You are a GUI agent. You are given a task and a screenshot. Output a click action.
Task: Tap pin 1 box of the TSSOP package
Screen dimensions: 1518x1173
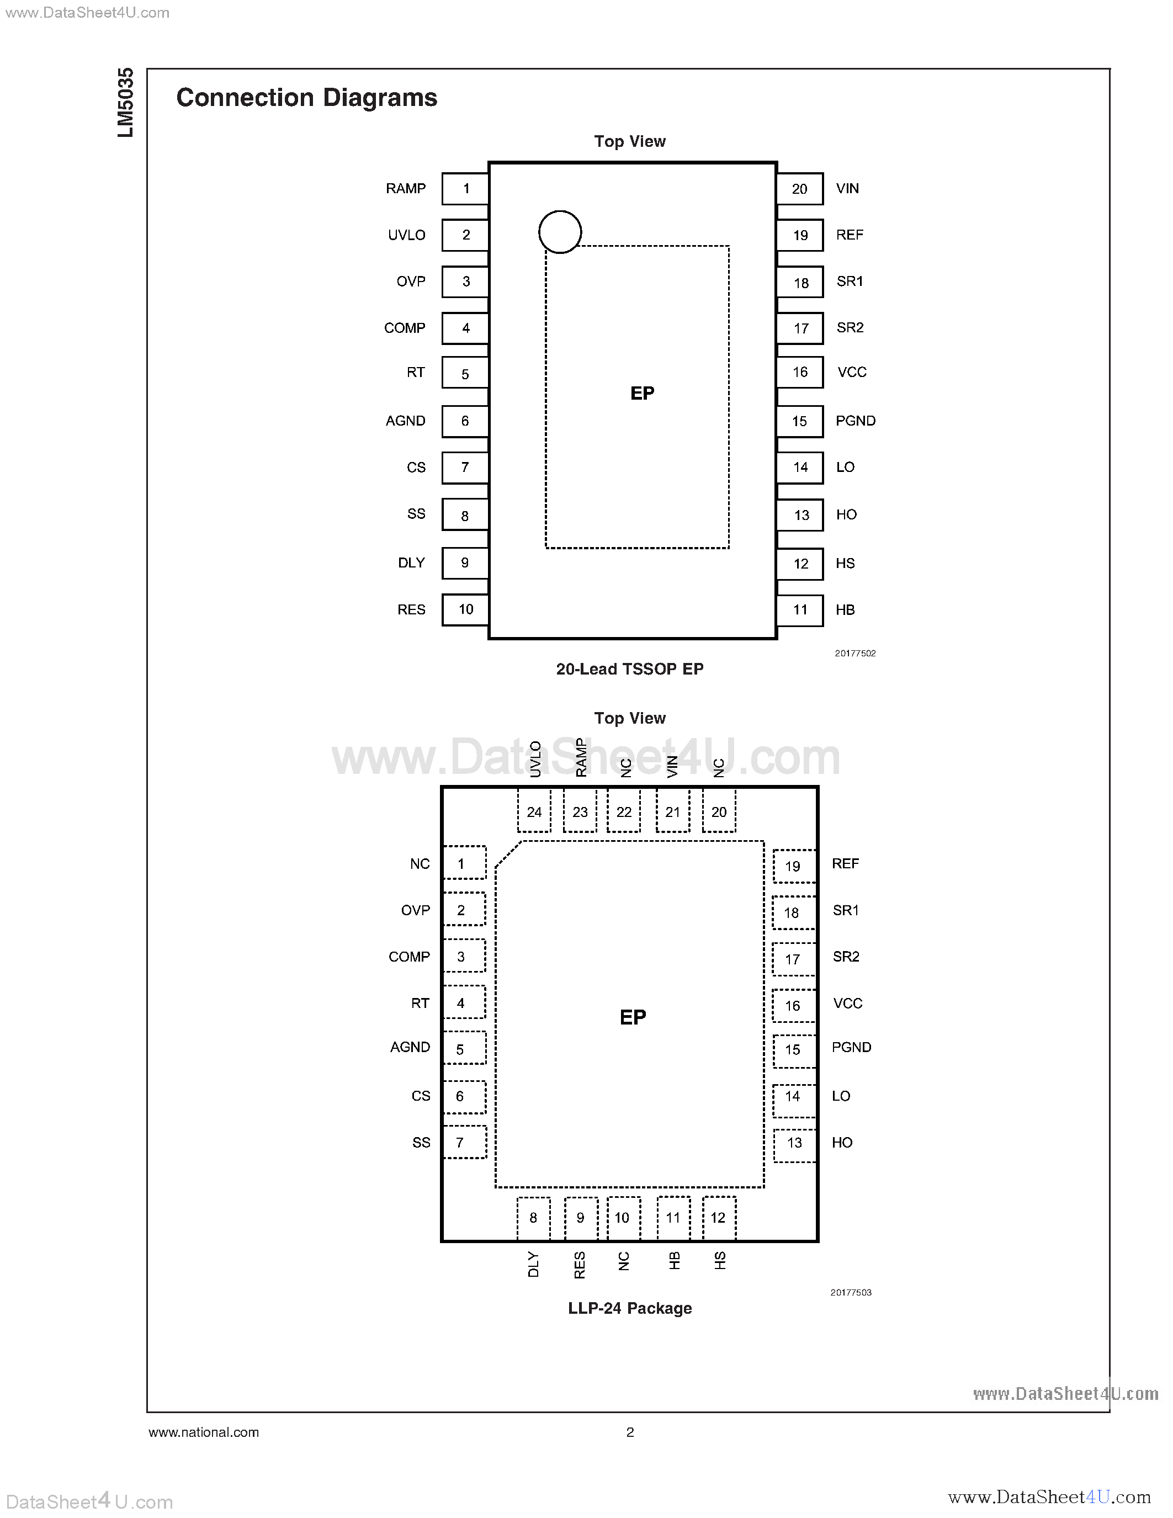pos(465,188)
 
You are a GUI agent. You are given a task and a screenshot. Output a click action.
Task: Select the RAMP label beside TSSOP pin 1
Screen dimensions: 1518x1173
pos(406,188)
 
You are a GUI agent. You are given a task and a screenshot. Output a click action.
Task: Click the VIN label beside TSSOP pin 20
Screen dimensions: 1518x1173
pos(847,188)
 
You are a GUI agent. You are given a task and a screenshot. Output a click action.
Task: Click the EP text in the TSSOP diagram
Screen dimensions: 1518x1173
pos(642,394)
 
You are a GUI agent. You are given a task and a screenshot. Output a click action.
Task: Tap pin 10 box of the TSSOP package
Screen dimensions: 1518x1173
pos(465,609)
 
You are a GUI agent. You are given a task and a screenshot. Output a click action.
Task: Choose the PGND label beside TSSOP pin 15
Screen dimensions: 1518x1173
pos(856,421)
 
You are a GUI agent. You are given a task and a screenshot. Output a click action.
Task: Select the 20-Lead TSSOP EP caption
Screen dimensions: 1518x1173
pos(630,668)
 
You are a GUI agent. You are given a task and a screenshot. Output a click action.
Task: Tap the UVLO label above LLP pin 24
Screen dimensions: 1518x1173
pos(535,758)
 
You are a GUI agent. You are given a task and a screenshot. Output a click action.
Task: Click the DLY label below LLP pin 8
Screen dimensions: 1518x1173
pos(533,1264)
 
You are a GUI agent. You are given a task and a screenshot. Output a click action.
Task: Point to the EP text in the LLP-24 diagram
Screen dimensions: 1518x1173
pos(633,1017)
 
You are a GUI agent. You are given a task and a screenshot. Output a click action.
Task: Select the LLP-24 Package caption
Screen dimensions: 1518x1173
pos(630,1308)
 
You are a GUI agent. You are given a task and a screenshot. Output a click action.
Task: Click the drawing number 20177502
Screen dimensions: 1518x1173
pos(854,654)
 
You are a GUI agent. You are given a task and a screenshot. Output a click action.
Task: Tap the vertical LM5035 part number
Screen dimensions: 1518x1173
pos(126,103)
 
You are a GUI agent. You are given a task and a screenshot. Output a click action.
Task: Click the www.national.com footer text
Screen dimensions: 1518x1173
pos(204,1432)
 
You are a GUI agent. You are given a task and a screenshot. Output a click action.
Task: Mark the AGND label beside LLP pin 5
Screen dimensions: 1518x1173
pos(410,1047)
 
